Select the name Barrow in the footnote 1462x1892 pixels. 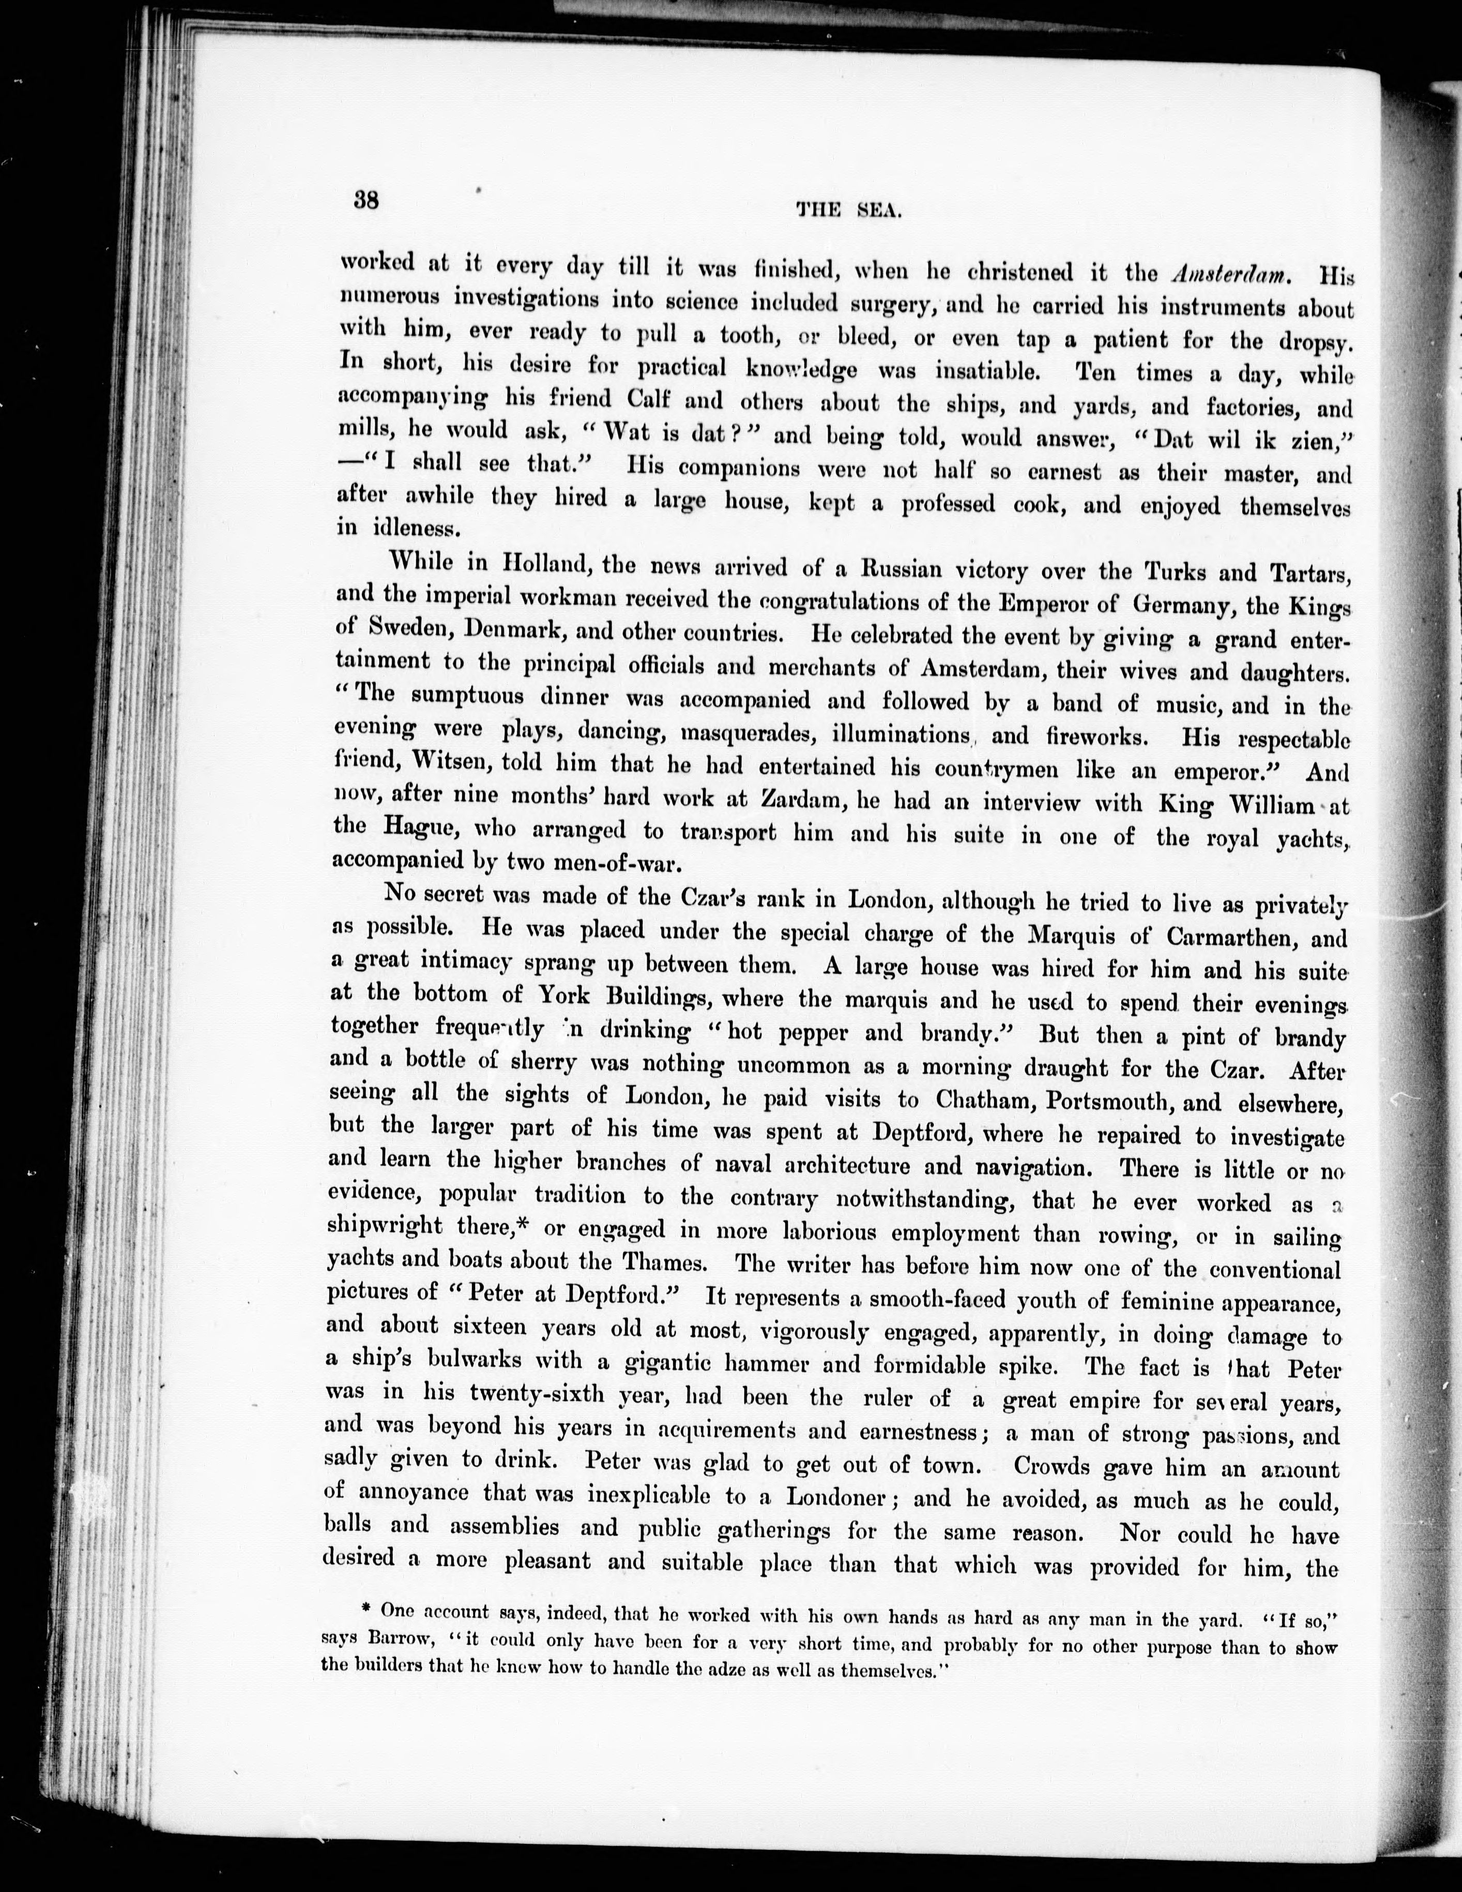pyautogui.click(x=405, y=1640)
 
